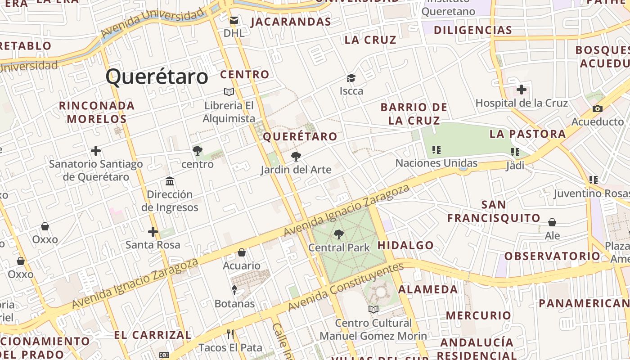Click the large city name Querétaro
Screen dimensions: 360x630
click(157, 77)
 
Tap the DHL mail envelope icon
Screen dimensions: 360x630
click(234, 20)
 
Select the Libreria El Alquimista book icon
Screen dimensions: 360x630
click(229, 92)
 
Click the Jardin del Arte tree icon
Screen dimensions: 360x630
click(296, 157)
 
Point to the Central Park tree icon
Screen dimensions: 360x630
click(339, 234)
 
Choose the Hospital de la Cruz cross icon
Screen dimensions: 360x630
click(522, 90)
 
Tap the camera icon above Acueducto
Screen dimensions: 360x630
click(598, 108)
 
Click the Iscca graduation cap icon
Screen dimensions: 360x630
click(351, 78)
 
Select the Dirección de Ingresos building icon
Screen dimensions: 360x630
click(170, 181)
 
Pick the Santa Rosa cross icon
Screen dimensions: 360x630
click(153, 232)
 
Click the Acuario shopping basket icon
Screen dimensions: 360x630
click(242, 252)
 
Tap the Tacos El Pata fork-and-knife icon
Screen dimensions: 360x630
click(230, 334)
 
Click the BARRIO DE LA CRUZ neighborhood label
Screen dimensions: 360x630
click(414, 114)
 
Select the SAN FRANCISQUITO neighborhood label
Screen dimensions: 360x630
click(494, 211)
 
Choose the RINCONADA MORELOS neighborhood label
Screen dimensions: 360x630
click(97, 112)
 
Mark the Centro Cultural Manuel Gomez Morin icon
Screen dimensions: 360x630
click(373, 309)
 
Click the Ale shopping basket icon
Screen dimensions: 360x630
click(552, 222)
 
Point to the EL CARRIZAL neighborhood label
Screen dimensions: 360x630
click(153, 335)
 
